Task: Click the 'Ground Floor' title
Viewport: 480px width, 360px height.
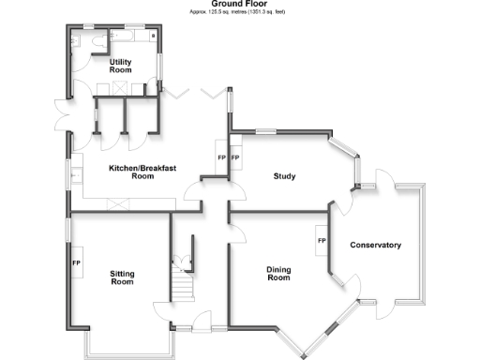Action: pos(240,4)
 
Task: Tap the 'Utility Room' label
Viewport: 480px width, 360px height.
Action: pos(120,66)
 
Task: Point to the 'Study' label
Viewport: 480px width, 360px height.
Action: pos(285,176)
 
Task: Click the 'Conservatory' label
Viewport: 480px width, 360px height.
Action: pos(375,246)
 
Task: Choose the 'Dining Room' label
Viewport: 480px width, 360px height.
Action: pos(278,274)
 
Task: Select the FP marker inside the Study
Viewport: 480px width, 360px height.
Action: pos(236,157)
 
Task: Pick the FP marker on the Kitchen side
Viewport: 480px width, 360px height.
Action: pos(221,157)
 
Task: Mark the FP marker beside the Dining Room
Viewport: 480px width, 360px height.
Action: pos(322,242)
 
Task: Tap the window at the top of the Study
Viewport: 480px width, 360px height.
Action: pos(267,130)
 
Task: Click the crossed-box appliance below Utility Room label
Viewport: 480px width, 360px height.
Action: pos(120,87)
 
